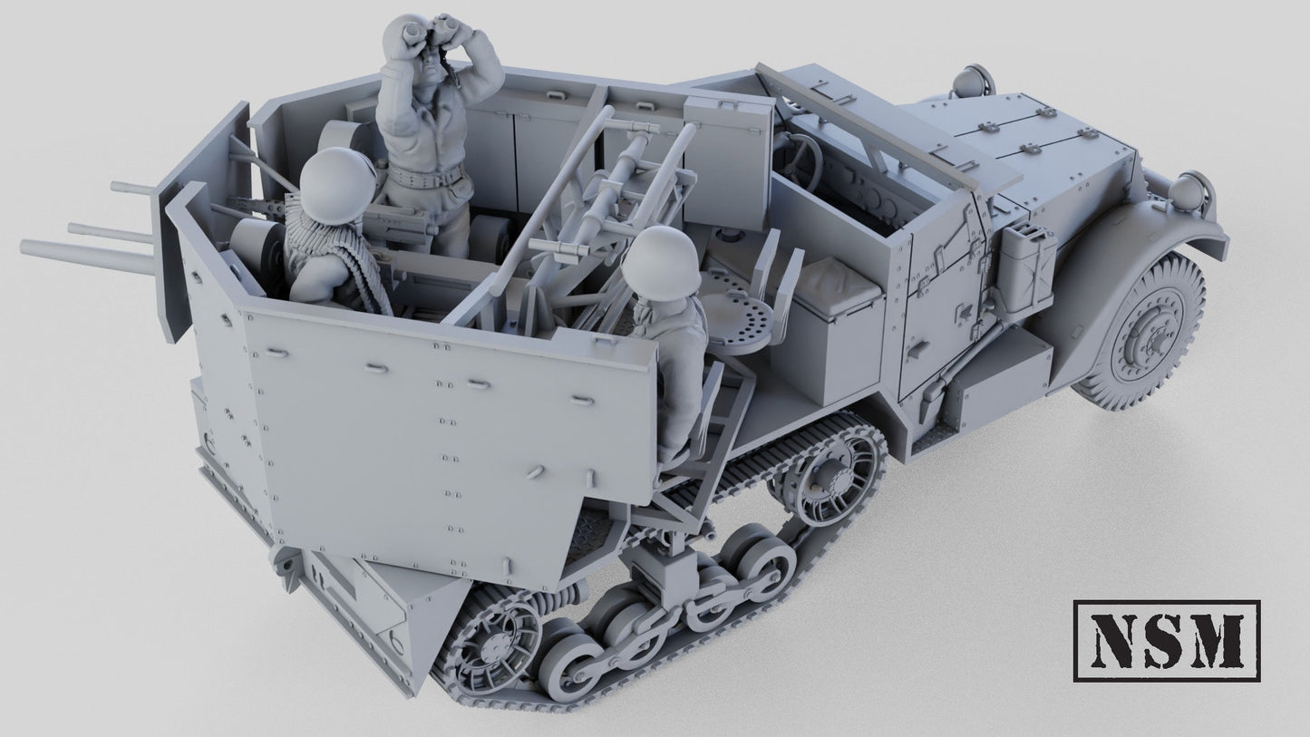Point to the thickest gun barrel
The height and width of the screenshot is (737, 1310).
(86, 254)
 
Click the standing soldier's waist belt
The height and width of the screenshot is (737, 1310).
(433, 175)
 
